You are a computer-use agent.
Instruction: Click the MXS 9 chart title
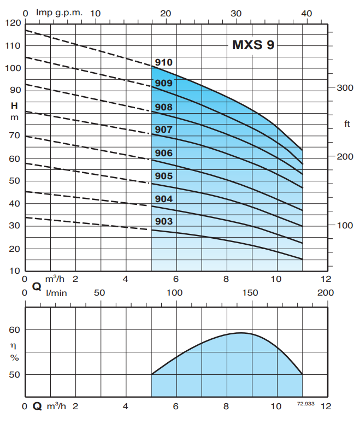(253, 45)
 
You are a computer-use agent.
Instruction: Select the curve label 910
(163, 63)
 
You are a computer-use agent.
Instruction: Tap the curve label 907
(163, 129)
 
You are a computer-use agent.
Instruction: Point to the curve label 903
(163, 221)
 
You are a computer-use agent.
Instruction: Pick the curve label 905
(163, 176)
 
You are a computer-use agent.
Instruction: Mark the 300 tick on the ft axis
(345, 88)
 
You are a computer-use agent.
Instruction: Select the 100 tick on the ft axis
(345, 225)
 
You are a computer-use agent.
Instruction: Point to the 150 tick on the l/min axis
(250, 293)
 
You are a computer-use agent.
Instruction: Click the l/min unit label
(56, 293)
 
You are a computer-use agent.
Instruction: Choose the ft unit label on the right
(347, 124)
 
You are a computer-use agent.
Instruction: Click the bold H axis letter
(14, 105)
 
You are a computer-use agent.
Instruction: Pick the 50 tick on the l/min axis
(99, 293)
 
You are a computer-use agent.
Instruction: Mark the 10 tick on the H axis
(14, 271)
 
